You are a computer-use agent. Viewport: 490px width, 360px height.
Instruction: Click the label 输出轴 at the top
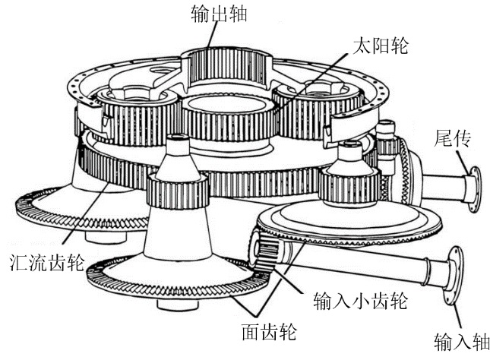(219, 14)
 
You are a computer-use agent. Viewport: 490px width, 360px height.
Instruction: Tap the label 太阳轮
(381, 46)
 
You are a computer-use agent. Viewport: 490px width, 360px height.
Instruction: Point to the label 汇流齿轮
(47, 262)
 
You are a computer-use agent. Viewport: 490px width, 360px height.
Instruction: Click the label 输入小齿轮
(360, 301)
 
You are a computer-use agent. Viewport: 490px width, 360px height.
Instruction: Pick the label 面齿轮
(269, 331)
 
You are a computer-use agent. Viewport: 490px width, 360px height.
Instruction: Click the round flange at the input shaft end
(454, 275)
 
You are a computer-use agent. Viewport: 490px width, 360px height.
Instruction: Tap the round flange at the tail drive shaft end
(474, 189)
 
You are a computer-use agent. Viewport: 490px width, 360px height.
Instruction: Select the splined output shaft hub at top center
(228, 67)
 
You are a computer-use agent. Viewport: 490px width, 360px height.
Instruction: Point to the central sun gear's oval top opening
(227, 104)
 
